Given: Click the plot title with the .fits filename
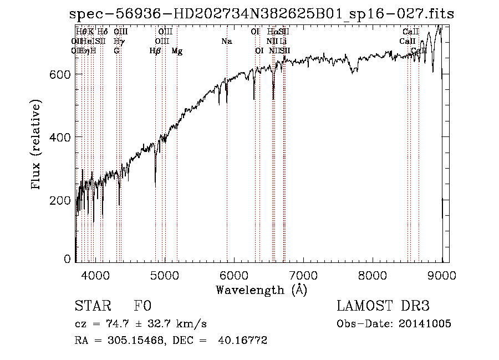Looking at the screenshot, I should pos(262,14).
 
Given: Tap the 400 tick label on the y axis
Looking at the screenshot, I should pos(60,137).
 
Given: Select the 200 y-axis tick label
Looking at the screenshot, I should pos(60,200).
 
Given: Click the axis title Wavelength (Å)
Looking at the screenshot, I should pos(261,289).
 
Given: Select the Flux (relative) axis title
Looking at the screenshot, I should pos(37,145).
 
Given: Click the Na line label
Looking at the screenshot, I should pos(226,42).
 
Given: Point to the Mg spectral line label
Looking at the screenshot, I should pos(177,51).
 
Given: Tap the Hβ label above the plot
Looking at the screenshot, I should pos(155,51).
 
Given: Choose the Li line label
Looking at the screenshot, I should pos(283,42).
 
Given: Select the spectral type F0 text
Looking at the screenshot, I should pos(142,307).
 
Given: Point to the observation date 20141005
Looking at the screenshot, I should pos(427,324).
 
